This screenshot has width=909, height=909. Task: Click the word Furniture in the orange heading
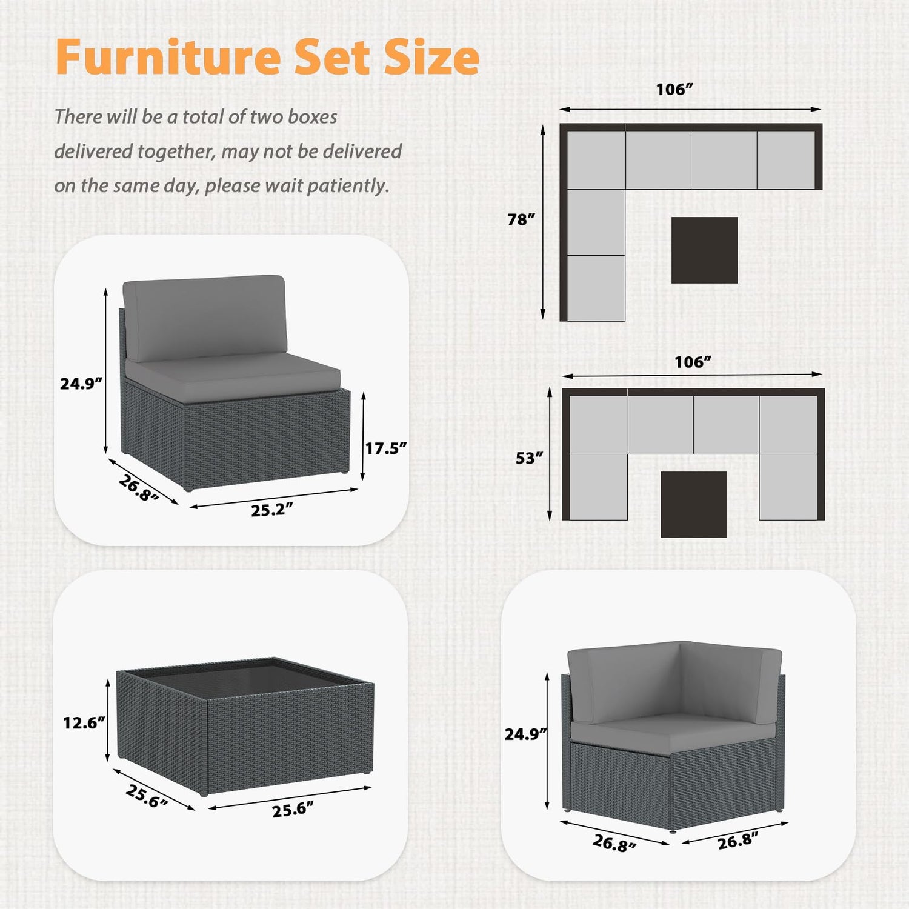(168, 57)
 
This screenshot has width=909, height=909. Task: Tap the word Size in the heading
(432, 57)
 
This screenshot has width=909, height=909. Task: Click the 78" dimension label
(522, 219)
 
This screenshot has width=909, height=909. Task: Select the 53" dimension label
(530, 458)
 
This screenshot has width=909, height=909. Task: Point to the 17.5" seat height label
(386, 448)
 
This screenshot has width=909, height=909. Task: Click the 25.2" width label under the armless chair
(272, 510)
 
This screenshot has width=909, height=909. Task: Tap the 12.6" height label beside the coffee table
(84, 722)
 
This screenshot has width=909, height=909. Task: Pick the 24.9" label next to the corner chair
(526, 734)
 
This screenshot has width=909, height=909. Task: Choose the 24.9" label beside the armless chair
(81, 384)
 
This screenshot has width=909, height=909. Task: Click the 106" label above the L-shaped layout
(674, 90)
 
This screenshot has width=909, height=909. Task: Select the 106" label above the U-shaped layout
(693, 362)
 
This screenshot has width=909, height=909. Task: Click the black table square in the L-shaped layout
(705, 250)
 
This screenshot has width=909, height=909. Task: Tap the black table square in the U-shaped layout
(694, 505)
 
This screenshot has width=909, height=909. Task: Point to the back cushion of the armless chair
(204, 318)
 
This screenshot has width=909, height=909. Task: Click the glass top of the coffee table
(245, 674)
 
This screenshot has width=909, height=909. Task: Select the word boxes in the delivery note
(313, 116)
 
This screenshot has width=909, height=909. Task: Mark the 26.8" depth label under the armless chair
(139, 488)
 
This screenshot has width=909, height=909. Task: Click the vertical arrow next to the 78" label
(543, 222)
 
